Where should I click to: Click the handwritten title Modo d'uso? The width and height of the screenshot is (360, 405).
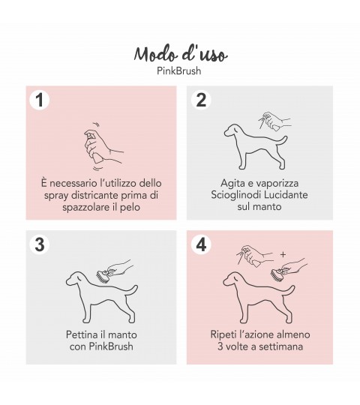pyautogui.click(x=181, y=55)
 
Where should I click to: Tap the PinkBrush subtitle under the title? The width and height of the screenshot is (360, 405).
pyautogui.click(x=179, y=70)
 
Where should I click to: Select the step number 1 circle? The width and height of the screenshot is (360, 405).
pyautogui.click(x=40, y=100)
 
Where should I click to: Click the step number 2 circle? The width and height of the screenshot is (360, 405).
pyautogui.click(x=201, y=100)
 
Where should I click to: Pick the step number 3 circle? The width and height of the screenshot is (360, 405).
pyautogui.click(x=40, y=244)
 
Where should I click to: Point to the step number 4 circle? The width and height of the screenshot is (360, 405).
pyautogui.click(x=201, y=244)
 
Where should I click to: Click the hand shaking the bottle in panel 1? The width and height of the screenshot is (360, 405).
pyautogui.click(x=103, y=146)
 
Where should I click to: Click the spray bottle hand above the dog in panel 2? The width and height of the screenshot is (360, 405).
pyautogui.click(x=275, y=121)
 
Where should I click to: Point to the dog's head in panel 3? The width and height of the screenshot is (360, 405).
pyautogui.click(x=74, y=279)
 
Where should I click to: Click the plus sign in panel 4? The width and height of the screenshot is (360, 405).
pyautogui.click(x=283, y=255)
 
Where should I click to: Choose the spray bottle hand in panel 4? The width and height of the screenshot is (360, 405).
pyautogui.click(x=255, y=256)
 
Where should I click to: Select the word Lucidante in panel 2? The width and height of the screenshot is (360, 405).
pyautogui.click(x=284, y=194)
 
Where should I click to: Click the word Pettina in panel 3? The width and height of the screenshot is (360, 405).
pyautogui.click(x=81, y=334)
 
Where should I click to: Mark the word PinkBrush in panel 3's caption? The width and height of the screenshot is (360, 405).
pyautogui.click(x=111, y=346)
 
